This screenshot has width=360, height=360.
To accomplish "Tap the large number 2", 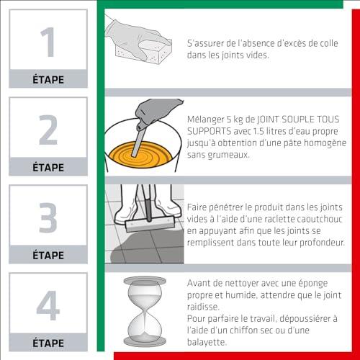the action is click(48, 130).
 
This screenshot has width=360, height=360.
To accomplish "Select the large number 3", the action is click(48, 217).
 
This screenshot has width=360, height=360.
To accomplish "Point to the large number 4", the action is click(48, 305).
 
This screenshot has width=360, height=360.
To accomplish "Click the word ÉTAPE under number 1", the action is click(48, 79).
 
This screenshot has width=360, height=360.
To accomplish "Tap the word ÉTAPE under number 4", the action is click(48, 343).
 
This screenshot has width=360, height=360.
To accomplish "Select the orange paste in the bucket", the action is click(140, 155).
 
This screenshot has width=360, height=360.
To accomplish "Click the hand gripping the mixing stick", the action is click(156, 112).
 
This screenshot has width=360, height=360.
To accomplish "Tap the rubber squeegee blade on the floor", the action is click(150, 224).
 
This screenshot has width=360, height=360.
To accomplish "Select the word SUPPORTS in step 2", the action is click(209, 131).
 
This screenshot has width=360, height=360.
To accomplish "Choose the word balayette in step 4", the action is click(207, 342).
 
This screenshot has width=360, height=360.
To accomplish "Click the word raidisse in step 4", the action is click(203, 307).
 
